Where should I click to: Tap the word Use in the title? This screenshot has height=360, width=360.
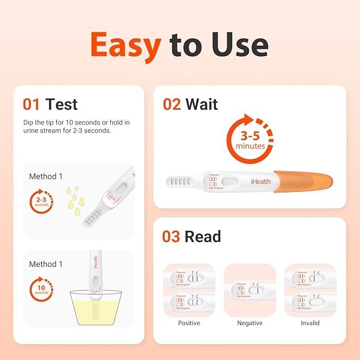point(241,44)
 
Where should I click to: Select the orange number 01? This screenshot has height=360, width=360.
point(32,104)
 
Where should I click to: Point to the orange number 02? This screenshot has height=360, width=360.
point(172,104)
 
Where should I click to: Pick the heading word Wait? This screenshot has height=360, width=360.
point(201,104)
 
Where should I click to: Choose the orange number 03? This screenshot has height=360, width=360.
point(171,236)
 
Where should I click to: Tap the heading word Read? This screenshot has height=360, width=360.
point(203,236)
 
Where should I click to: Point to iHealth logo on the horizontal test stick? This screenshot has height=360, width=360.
point(261,181)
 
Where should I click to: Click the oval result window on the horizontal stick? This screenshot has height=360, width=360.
point(230,182)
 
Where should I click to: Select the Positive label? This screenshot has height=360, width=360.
point(189,323)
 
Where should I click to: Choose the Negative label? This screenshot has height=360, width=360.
point(250,323)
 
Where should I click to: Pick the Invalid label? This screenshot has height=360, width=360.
point(310,323)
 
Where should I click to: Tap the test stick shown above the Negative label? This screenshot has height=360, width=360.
point(250,290)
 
